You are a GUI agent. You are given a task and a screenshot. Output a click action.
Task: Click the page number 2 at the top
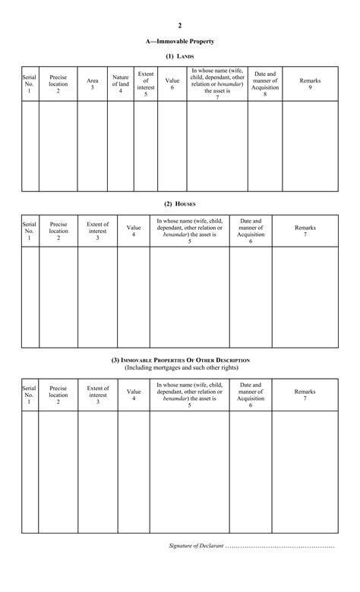(180, 25)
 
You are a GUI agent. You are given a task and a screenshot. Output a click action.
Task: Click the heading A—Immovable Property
(180, 41)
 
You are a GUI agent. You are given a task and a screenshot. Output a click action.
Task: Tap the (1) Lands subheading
(180, 56)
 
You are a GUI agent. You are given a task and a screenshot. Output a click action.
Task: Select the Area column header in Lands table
(92, 83)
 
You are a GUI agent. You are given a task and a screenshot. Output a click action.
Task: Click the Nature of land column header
(120, 83)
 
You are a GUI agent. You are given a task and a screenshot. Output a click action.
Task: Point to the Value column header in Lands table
(172, 83)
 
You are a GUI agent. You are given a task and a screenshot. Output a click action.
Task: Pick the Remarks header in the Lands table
(310, 83)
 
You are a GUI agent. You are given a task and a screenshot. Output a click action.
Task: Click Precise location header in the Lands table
(58, 83)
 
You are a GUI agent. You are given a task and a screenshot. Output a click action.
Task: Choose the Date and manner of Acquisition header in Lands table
(265, 83)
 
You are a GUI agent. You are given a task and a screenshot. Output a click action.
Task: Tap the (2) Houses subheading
(180, 203)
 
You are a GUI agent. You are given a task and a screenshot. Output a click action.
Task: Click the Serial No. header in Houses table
(30, 231)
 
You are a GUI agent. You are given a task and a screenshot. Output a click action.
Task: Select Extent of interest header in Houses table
(97, 231)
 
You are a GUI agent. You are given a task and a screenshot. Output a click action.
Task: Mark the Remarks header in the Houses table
(305, 231)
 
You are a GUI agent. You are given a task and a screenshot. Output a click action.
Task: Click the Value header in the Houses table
(134, 231)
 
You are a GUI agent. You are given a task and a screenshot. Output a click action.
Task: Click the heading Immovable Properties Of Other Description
(180, 360)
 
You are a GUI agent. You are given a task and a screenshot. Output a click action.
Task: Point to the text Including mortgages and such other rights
(180, 368)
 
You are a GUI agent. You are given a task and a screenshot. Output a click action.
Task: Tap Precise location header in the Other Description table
(58, 395)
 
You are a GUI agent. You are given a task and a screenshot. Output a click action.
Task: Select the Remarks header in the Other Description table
(305, 395)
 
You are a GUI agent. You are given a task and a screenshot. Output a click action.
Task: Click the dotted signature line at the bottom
(279, 546)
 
